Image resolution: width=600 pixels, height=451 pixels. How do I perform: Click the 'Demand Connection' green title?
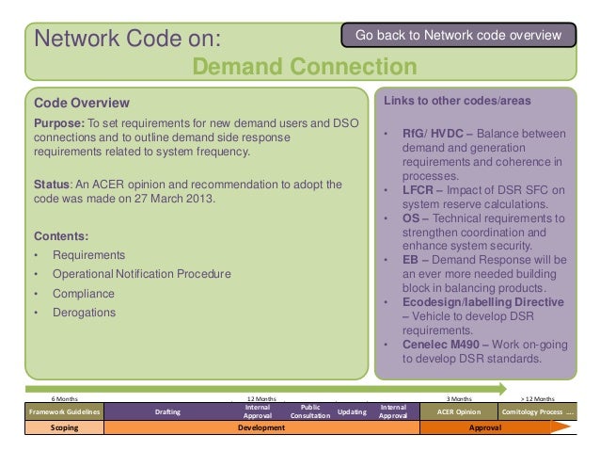click(304, 67)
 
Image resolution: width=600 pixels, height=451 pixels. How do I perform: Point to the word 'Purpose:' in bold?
click(60, 122)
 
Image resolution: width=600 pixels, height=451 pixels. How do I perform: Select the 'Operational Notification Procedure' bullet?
click(141, 274)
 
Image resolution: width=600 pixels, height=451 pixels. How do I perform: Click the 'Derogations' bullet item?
click(85, 313)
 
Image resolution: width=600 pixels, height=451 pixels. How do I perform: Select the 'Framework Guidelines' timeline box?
click(64, 411)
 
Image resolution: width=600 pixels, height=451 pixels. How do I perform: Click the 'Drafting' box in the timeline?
click(169, 411)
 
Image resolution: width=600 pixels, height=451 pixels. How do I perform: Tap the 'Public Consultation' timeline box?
click(309, 411)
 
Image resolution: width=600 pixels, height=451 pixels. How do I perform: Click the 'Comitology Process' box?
click(538, 411)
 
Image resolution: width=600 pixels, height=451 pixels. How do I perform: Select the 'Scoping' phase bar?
click(64, 427)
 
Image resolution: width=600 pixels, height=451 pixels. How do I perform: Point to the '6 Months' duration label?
click(65, 398)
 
